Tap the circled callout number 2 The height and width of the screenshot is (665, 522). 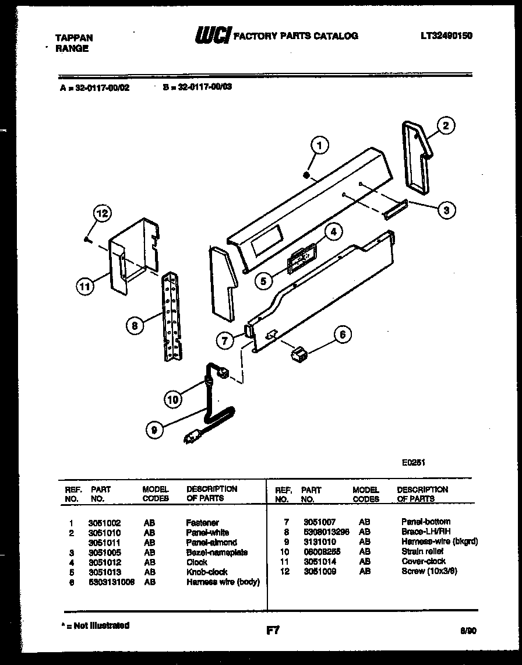coord(446,125)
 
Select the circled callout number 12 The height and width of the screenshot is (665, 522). coord(102,214)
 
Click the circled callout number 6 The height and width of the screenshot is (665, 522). coord(342,334)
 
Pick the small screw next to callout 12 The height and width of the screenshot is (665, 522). coord(86,239)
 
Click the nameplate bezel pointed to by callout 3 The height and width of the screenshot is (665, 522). coord(394,207)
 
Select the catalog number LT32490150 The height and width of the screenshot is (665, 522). coord(446,36)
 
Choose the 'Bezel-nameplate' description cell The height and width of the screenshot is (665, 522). coord(217,552)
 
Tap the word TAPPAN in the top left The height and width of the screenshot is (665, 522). coord(73,38)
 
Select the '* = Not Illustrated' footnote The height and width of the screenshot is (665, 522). coord(95,625)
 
